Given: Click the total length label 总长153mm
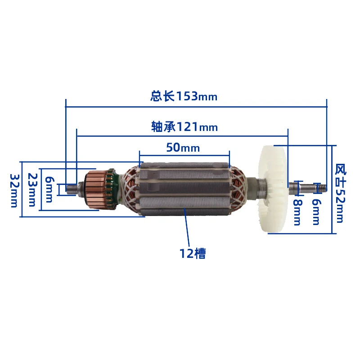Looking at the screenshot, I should (184, 96).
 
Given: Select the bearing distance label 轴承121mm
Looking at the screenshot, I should (184, 127).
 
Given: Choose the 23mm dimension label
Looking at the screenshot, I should (31, 189).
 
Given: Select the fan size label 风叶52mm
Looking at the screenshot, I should (340, 193).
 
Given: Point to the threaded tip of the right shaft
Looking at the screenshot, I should (320, 185).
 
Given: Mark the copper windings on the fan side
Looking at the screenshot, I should (238, 189).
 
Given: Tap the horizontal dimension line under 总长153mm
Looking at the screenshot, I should (196, 107).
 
